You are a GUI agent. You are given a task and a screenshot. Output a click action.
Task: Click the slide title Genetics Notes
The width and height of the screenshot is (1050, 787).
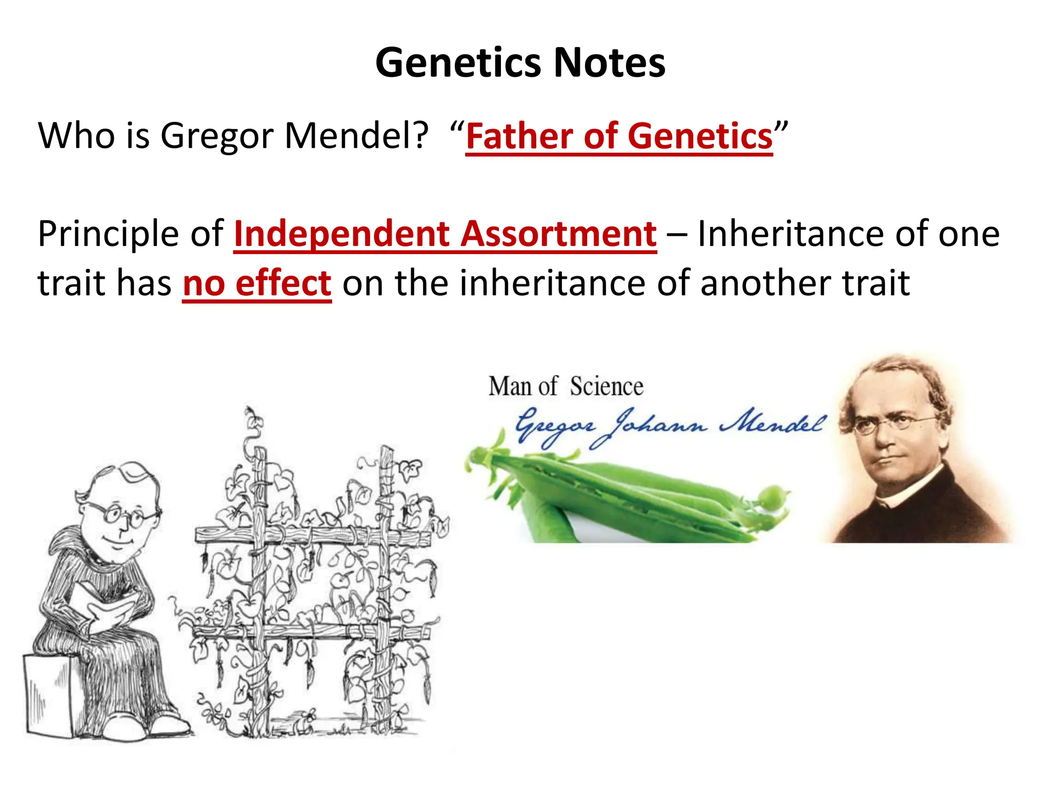click(x=520, y=63)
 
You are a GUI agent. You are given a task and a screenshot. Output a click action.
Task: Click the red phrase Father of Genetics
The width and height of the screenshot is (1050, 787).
click(x=619, y=136)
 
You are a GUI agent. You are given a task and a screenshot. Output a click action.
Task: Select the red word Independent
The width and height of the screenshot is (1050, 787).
click(x=341, y=234)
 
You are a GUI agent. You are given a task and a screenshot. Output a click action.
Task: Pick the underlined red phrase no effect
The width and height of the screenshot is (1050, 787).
click(x=257, y=283)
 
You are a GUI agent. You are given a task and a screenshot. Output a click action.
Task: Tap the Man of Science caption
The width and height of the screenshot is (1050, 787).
click(x=566, y=386)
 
